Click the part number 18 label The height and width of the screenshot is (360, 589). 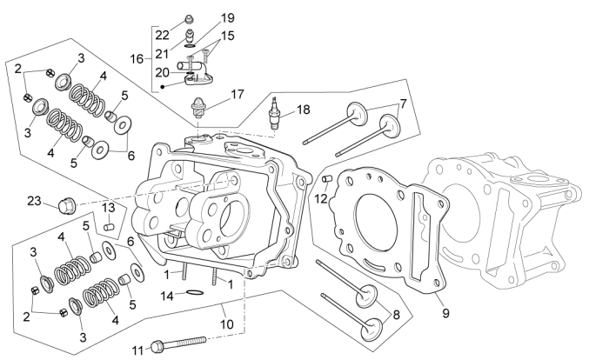(303, 110)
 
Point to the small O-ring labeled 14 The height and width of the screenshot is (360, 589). (197, 293)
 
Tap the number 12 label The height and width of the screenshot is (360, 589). (320, 198)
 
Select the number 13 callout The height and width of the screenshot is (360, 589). (109, 208)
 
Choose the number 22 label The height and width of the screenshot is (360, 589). (163, 35)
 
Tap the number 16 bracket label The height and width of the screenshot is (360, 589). (137, 58)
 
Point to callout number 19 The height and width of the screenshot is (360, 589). (228, 17)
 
